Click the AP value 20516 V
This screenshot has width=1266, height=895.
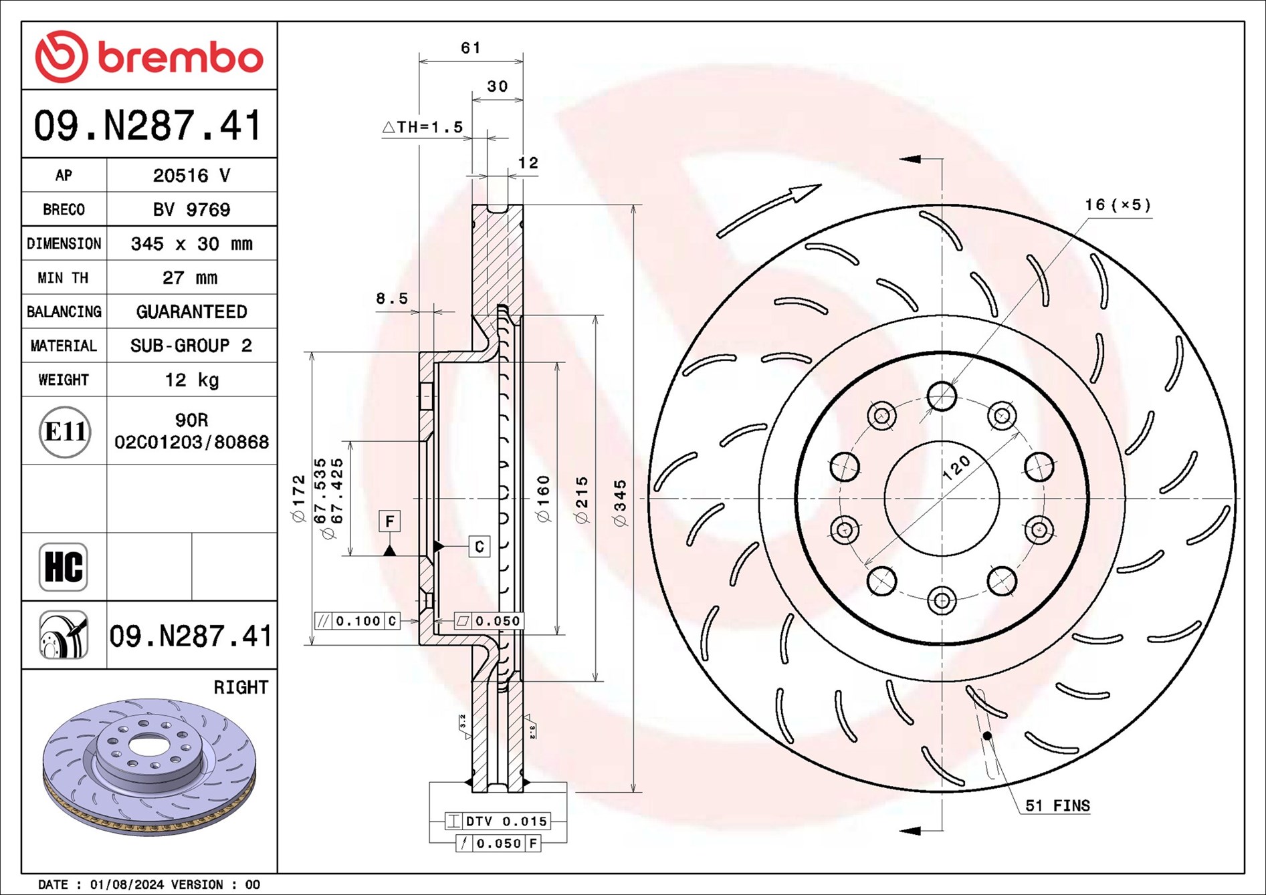191,175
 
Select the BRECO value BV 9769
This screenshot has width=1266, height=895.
191,209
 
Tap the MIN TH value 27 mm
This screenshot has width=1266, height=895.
190,277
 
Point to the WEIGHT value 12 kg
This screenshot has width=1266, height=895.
191,380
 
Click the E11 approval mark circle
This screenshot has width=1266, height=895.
64,431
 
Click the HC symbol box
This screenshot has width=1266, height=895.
64,567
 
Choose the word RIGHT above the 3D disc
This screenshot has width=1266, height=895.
240,687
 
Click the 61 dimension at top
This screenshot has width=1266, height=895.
470,48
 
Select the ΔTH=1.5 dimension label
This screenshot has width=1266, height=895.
423,127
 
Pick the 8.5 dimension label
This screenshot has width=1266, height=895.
391,299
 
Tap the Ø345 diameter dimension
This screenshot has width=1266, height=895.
621,503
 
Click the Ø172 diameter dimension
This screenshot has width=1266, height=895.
298,498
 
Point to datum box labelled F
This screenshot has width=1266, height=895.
389,521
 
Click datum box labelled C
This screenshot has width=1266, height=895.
479,546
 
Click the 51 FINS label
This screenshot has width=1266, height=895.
1057,805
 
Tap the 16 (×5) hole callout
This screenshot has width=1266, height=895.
1117,205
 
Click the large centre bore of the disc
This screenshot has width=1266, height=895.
942,498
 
